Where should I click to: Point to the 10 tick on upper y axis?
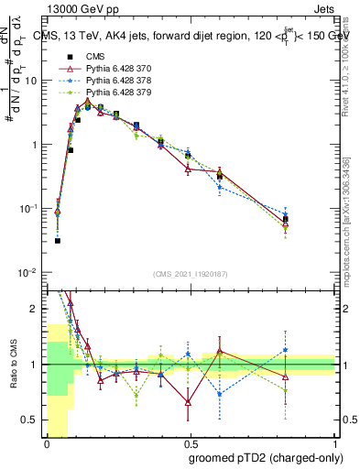34,81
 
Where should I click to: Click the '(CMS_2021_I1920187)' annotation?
190,273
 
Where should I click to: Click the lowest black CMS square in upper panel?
58,241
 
